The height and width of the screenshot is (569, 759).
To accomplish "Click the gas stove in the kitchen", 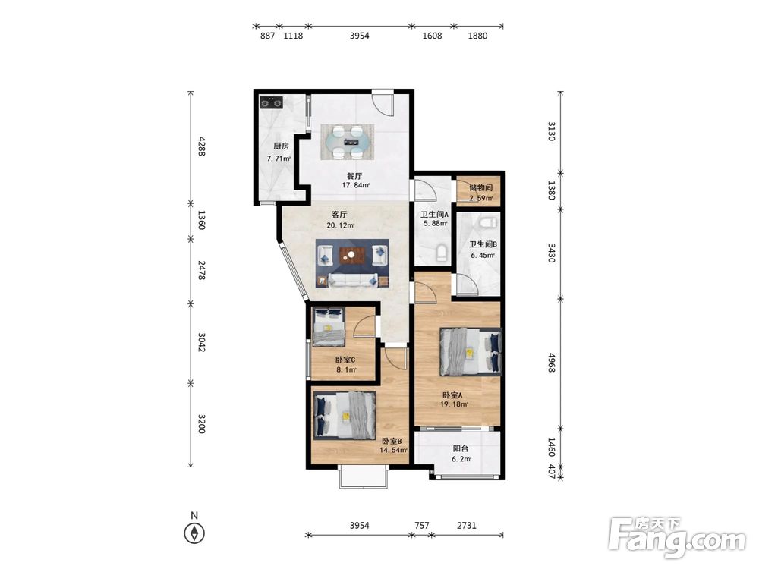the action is pyautogui.click(x=271, y=103).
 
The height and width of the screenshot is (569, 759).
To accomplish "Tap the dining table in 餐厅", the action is pyautogui.click(x=348, y=142).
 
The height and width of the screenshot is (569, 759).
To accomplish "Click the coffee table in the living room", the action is pyautogui.click(x=351, y=255).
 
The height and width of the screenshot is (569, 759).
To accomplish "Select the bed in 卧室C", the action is pyautogui.click(x=329, y=327).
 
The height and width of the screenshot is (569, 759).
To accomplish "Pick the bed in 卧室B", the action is pyautogui.click(x=345, y=415).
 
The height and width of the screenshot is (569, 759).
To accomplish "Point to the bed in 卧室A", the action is pyautogui.click(x=470, y=352).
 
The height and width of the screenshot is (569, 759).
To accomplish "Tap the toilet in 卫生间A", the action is pyautogui.click(x=441, y=253).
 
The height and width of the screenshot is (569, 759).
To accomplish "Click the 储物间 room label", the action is pyautogui.click(x=480, y=187).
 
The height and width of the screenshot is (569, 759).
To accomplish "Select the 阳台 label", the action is pyautogui.click(x=461, y=448).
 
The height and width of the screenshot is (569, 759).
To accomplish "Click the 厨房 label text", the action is pyautogui.click(x=281, y=146).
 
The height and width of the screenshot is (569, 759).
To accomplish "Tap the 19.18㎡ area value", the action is pyautogui.click(x=454, y=404).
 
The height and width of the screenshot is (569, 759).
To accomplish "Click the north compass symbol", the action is pyautogui.click(x=194, y=533).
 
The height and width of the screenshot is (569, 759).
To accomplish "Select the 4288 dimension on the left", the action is pyautogui.click(x=202, y=146).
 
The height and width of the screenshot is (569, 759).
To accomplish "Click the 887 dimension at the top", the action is pyautogui.click(x=268, y=36).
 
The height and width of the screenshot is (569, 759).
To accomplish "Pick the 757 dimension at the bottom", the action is pyautogui.click(x=421, y=526).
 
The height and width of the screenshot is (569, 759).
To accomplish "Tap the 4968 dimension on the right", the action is pyautogui.click(x=551, y=363).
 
